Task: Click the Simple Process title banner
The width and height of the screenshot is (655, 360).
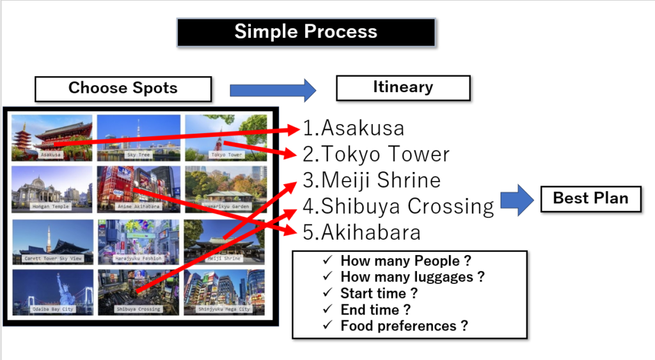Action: tap(306, 32)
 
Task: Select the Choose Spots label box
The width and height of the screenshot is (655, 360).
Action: tap(123, 89)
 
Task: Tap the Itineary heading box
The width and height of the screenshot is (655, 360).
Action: tap(403, 88)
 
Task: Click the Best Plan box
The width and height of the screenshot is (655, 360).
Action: tap(590, 198)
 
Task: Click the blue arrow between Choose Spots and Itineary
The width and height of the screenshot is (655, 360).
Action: tap(272, 89)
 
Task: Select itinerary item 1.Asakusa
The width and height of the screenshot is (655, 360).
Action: tap(354, 128)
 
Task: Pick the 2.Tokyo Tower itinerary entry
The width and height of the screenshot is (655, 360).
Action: tap(376, 154)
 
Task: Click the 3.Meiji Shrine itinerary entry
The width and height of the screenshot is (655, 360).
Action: tap(372, 180)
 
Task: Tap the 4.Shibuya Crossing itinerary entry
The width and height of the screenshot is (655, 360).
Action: tap(399, 207)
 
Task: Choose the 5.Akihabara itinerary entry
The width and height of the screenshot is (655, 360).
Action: tap(362, 232)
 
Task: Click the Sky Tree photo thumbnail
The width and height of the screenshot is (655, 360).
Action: tap(139, 137)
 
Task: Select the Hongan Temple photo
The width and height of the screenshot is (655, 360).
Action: tap(52, 189)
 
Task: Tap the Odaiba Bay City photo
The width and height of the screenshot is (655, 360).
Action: tap(52, 292)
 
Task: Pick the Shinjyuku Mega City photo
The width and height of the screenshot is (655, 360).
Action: tap(224, 292)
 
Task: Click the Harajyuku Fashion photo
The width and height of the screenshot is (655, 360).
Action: tap(139, 240)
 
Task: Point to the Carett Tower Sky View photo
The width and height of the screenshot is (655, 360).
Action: tap(52, 240)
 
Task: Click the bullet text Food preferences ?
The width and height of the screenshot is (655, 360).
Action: tap(404, 326)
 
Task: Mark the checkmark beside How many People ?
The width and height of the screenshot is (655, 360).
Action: tap(328, 260)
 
